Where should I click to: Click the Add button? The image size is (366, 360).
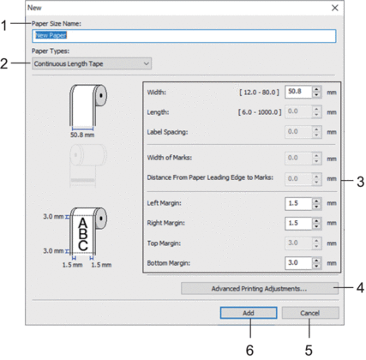249,313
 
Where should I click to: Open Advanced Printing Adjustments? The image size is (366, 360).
260,289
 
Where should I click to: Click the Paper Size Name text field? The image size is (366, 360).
184,36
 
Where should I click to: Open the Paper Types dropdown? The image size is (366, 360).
92,63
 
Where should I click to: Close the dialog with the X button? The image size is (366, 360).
335,8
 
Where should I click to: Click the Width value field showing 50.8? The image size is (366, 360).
298,92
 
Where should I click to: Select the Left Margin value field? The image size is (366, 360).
298,203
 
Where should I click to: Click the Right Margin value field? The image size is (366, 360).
298,223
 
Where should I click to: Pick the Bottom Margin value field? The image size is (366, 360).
298,263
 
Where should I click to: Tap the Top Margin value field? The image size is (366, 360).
298,243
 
